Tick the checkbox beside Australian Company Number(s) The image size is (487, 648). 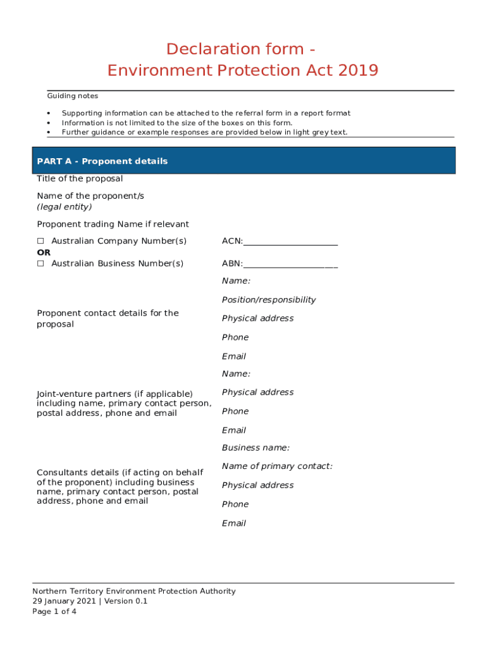(x=40, y=241)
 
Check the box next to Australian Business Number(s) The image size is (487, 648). (x=40, y=264)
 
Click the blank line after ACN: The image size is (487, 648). (x=290, y=242)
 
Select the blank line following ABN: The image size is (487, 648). (x=290, y=265)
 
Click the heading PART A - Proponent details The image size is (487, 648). (x=102, y=161)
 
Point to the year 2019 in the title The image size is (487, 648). (x=358, y=70)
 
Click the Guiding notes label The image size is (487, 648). (x=72, y=96)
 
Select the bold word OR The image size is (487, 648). (x=44, y=252)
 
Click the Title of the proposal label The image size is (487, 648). (x=80, y=179)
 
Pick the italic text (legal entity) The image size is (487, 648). (x=64, y=207)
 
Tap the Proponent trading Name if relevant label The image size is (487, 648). (x=113, y=225)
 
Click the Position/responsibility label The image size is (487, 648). (x=269, y=300)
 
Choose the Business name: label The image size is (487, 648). (x=256, y=448)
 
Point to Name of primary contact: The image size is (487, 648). (x=277, y=466)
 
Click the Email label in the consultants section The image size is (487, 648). (x=233, y=523)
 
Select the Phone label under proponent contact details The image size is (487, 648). (x=235, y=337)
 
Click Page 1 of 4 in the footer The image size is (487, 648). (x=54, y=612)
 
